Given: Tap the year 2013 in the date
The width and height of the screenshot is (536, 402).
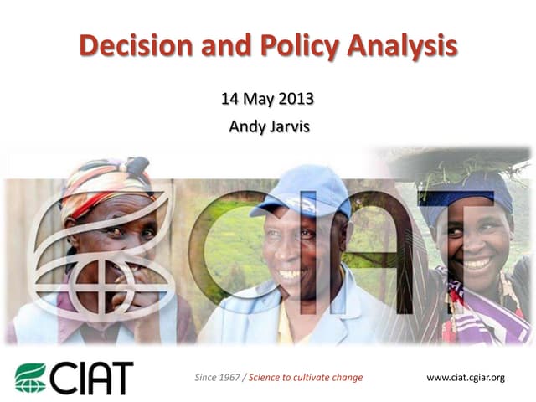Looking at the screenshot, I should pyautogui.click(x=296, y=100).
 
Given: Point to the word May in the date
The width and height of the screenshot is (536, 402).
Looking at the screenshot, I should pyautogui.click(x=255, y=100).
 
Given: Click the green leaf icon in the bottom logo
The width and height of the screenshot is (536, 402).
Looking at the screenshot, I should pyautogui.click(x=32, y=377).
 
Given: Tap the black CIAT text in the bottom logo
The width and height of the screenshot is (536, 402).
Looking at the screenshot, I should pyautogui.click(x=92, y=377).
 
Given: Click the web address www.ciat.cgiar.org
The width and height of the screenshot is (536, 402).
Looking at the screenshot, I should pyautogui.click(x=466, y=378).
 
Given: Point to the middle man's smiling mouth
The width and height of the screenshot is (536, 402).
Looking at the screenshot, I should pyautogui.click(x=291, y=274).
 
